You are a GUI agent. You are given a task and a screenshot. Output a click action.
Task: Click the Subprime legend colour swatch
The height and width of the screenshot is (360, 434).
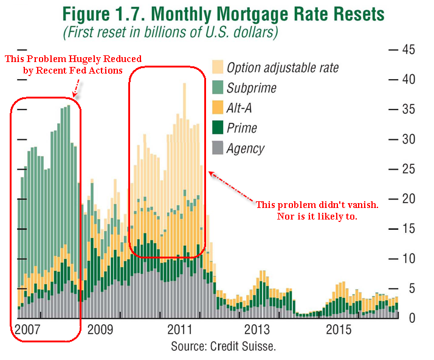(217, 88)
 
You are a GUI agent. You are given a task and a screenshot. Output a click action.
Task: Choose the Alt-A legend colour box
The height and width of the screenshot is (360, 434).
(217, 108)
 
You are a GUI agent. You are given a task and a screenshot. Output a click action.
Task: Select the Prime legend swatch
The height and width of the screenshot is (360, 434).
(217, 128)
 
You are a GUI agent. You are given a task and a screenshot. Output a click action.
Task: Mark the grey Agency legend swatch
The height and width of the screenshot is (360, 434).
(217, 148)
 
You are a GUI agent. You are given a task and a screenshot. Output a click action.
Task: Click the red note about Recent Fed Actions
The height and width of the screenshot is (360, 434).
(73, 64)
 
